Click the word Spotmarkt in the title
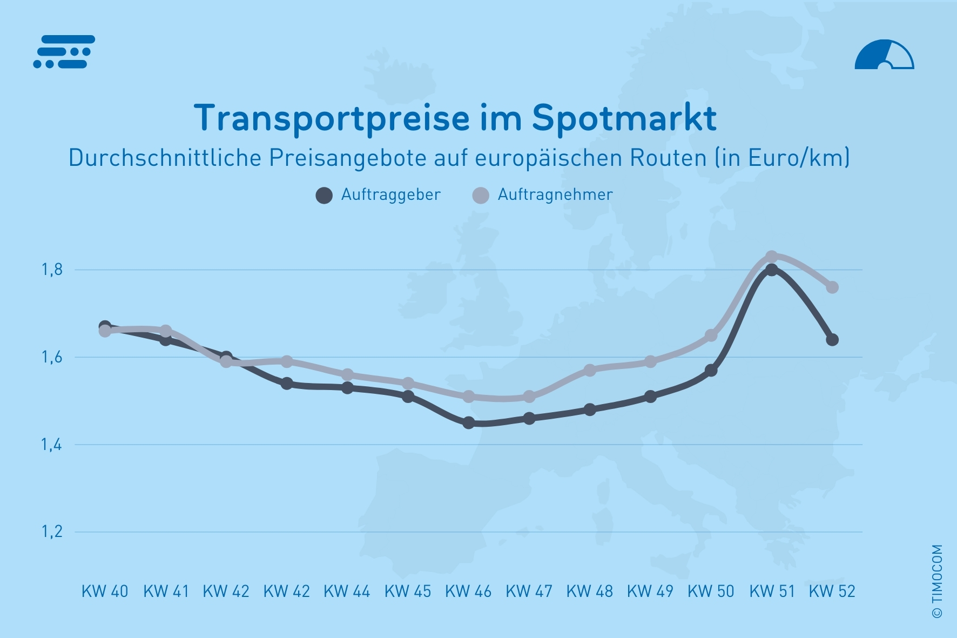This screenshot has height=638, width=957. pos(624,118)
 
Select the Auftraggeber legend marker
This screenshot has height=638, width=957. pos(324,195)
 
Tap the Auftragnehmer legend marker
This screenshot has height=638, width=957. pos(480,195)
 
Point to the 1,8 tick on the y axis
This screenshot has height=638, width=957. pos(52,270)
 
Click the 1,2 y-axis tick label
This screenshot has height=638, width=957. pos(52,532)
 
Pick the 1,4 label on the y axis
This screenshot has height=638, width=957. pos(52,445)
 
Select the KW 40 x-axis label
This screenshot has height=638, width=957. pos(105,592)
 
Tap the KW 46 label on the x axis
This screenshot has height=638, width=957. pos(468,592)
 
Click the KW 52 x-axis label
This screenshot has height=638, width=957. pos(832,592)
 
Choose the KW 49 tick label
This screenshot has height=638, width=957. pos(650,592)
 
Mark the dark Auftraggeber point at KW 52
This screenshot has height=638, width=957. pos(832,339)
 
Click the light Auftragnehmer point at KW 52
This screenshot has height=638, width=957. pos(832,287)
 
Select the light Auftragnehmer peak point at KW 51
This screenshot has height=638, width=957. pos(772,257)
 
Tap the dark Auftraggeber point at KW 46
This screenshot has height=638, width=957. pos(469,422)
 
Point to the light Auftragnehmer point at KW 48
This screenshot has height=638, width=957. pos(590,370)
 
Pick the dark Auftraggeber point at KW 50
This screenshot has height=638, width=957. pos(711,370)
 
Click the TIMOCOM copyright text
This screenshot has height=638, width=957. pos(937,581)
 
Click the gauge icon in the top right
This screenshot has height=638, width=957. pos(884,55)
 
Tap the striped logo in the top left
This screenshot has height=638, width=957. pos(64,52)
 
